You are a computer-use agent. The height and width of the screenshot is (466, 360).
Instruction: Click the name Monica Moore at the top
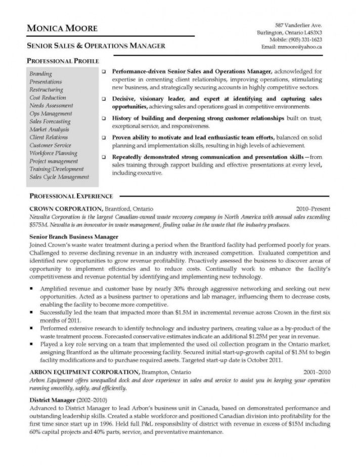point(63,28)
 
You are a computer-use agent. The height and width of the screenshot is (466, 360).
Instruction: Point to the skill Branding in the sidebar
point(40,74)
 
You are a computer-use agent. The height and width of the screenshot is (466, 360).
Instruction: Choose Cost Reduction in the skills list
point(48,98)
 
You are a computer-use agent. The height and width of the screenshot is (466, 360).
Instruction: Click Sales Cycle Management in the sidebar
point(59,177)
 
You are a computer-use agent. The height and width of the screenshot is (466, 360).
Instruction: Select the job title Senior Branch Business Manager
point(74,237)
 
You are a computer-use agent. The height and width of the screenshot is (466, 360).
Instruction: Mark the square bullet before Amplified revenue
point(32,287)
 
